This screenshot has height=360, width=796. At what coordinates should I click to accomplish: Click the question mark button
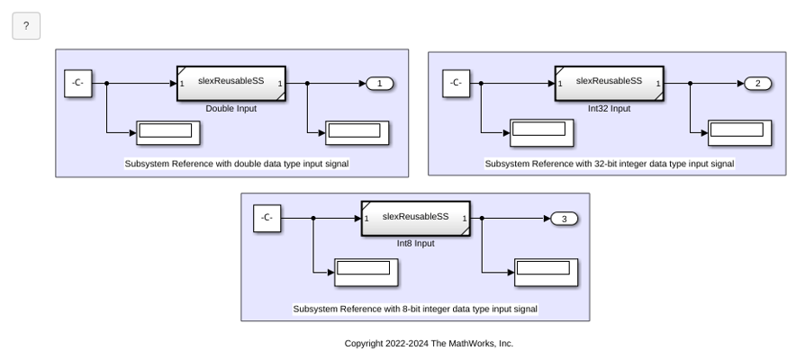coord(26,26)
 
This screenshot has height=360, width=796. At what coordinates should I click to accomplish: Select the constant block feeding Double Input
coord(78,83)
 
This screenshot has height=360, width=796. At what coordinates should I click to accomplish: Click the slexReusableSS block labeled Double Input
coord(231,83)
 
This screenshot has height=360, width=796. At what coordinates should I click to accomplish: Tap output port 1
coord(380,84)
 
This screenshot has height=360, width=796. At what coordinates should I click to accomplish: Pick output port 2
coord(758,84)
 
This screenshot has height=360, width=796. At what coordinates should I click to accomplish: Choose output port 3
coord(564,219)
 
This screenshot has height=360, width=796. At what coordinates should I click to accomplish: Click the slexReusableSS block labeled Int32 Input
coord(610,83)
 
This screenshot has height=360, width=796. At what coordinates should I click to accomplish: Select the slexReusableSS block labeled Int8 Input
coord(416,219)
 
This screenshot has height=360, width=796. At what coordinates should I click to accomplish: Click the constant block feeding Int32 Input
coord(457,83)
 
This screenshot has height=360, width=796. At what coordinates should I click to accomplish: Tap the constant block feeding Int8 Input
coord(267,219)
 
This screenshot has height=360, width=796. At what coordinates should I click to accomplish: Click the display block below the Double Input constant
coord(168,133)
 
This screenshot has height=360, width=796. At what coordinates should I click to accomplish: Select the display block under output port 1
coord(357,133)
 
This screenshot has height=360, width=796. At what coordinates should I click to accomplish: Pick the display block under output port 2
coord(739,133)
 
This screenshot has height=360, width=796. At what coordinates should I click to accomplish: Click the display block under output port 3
coord(547,273)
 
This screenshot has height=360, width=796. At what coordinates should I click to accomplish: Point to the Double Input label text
coord(231,109)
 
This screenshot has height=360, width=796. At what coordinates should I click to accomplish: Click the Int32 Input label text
coord(610,109)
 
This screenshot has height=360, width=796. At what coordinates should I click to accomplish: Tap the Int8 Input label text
coord(416,243)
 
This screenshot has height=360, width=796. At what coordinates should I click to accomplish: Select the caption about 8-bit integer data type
coord(415,309)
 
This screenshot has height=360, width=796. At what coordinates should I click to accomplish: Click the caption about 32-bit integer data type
coord(610,164)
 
